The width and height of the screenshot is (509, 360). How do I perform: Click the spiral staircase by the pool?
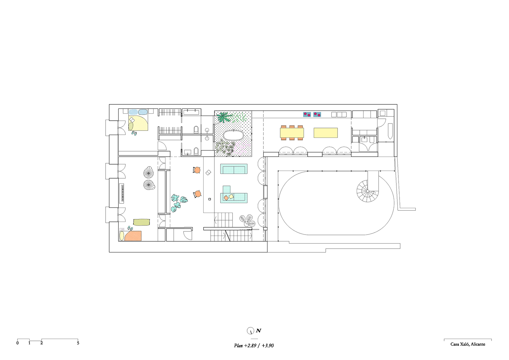367,191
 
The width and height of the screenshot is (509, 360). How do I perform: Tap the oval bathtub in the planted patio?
234,135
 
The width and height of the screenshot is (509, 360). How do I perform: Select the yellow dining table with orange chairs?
292,133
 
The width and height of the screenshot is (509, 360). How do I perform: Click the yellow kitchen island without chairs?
326,133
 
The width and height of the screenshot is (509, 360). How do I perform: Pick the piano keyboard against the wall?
123,193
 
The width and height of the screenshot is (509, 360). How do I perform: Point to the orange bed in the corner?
133,236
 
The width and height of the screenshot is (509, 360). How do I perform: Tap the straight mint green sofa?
234,169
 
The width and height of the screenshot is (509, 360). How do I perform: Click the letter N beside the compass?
258,331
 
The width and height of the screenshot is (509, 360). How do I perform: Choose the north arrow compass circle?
250,331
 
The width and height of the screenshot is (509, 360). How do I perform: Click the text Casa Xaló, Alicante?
468,344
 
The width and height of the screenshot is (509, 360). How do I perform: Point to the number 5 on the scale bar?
78,343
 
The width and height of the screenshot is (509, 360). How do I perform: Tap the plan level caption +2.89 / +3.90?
259,346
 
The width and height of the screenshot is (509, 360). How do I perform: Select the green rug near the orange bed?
142,222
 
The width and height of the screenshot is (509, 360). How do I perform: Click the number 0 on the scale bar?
17,343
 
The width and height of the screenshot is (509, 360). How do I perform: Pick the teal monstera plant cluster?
179,203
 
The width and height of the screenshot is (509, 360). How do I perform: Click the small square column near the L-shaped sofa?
210,199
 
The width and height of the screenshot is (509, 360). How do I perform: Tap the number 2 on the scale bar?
42,343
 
